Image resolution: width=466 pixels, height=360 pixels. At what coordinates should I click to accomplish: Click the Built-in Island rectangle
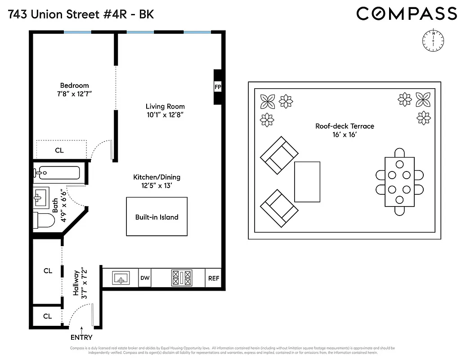157,216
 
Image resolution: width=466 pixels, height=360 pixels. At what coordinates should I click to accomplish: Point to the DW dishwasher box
145,278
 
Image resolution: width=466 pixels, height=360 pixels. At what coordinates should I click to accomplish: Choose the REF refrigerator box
214,278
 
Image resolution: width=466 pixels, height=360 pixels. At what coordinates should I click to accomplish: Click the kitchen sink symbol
121,278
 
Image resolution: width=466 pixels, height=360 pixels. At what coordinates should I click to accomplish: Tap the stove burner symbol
181,278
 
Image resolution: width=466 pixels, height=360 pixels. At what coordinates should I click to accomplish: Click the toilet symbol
44,220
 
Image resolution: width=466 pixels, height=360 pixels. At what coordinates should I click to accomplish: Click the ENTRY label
81,337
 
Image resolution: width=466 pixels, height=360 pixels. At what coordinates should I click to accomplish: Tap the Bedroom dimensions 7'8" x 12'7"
74,94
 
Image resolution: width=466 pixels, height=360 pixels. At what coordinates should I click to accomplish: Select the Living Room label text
165,107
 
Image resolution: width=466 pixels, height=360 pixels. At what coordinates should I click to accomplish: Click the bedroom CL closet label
59,150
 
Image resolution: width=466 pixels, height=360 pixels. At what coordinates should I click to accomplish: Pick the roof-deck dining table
399,182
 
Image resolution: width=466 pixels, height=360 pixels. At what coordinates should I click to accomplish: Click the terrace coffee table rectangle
307,182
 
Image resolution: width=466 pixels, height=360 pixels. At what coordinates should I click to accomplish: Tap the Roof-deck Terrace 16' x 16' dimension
345,135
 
